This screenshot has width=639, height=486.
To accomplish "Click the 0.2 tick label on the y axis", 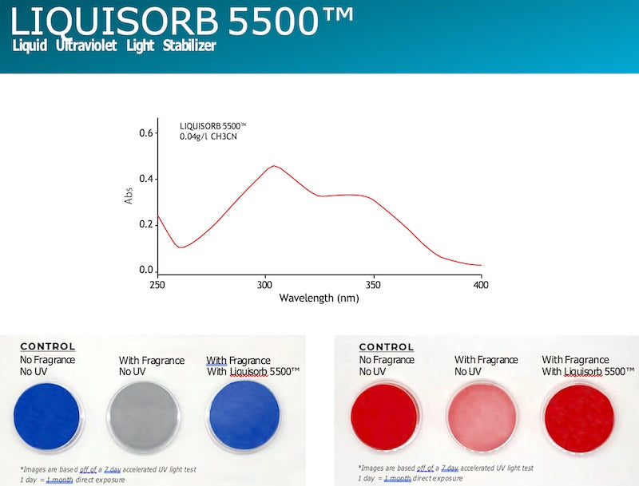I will point(145,224).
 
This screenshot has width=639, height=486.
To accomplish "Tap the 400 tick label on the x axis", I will point(481,284).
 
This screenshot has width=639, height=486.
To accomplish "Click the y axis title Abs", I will point(129,196).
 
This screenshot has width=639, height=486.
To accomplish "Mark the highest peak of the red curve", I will point(274,166).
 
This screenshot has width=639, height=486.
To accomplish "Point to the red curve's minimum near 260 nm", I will point(181,247).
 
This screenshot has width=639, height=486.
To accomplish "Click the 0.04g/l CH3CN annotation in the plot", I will point(208,137).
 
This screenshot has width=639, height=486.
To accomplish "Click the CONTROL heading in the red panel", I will point(387,347).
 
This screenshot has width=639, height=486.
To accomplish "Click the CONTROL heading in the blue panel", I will point(48,346).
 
